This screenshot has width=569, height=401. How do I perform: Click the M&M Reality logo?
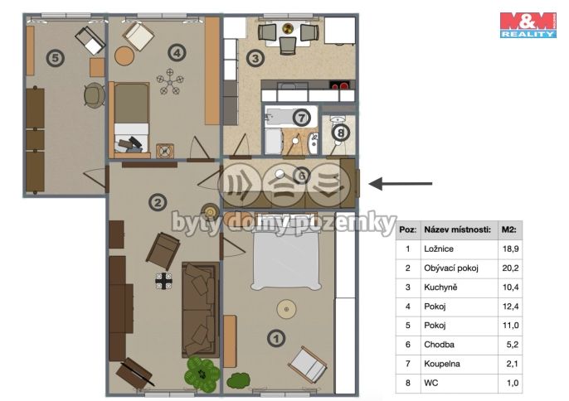tap(528, 25)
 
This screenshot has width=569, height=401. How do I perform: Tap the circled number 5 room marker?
tap(55, 58)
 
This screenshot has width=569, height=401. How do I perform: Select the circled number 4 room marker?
tap(177, 53)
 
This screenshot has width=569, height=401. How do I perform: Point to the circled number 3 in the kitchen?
tap(255, 58)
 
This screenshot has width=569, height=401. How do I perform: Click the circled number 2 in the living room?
tap(158, 202)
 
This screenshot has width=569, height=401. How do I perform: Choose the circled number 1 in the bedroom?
tap(276, 339)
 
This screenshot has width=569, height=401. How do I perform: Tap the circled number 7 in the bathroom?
tap(301, 117)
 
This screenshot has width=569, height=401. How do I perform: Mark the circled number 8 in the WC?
tap(340, 133)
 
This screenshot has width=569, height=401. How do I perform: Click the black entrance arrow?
tap(401, 183)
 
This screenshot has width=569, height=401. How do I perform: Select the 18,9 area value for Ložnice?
tap(510, 249)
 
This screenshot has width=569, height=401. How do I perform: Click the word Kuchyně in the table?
tap(440, 287)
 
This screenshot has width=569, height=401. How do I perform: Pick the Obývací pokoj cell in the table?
tap(451, 268)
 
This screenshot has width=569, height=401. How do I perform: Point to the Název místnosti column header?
tap(457, 229)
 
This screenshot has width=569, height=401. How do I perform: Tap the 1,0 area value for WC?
tap(513, 383)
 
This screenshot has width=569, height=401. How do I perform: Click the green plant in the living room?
tap(202, 374)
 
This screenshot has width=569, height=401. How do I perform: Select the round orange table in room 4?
tap(124, 56)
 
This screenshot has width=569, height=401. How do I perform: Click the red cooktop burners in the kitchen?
tap(339, 86)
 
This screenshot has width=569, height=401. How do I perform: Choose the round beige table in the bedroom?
tap(287, 309)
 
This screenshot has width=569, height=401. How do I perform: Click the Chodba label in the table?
tap(439, 345)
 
